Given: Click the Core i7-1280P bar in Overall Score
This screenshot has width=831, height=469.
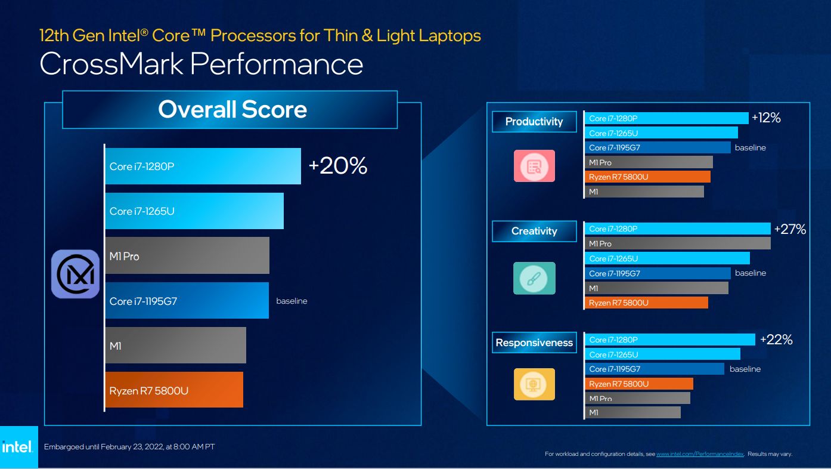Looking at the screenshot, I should click(203, 166).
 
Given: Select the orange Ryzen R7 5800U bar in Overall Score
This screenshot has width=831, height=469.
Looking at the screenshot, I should click(174, 390).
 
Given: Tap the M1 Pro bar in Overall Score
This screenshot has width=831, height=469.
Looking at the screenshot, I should click(187, 256).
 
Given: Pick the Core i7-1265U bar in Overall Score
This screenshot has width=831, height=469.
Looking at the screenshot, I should click(194, 211).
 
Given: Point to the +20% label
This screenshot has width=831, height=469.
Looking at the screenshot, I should click(337, 166).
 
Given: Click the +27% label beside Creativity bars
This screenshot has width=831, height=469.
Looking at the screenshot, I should click(790, 229).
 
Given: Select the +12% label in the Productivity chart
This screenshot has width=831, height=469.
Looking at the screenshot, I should click(766, 118).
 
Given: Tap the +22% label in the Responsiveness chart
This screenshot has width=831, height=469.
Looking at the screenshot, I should click(776, 340).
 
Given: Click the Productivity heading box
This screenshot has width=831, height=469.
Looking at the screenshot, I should click(534, 122).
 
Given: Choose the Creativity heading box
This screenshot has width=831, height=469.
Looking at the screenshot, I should click(534, 232).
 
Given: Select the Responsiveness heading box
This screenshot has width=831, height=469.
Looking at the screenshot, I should click(534, 343).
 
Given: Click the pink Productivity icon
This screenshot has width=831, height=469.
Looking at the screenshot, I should click(534, 166).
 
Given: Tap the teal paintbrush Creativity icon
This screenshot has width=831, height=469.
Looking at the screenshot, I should click(534, 278).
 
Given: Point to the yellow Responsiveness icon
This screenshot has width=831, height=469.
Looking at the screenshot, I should click(534, 384).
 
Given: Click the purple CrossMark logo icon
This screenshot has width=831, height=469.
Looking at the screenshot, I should click(75, 274).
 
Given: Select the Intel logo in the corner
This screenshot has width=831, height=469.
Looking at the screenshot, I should click(18, 447).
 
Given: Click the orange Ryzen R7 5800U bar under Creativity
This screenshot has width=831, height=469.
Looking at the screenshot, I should click(646, 303).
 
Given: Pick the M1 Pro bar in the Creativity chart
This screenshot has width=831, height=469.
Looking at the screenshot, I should click(677, 243).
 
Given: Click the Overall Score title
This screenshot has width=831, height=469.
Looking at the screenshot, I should click(232, 110).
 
